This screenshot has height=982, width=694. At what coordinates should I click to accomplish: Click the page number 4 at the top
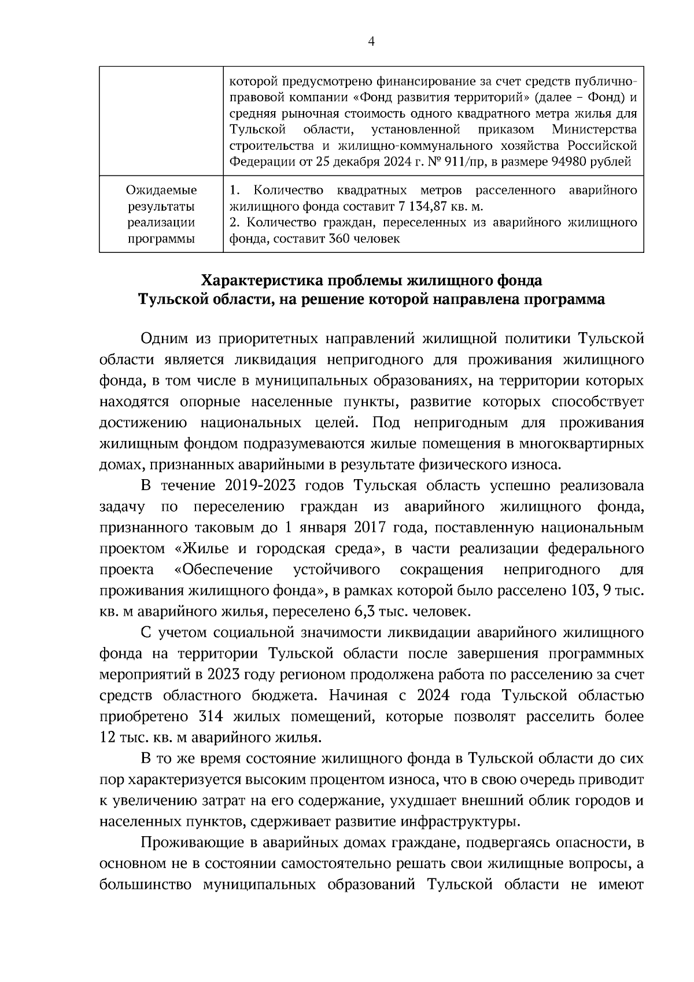(x=371, y=41)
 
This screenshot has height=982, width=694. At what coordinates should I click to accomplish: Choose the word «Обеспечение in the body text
(x=223, y=569)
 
